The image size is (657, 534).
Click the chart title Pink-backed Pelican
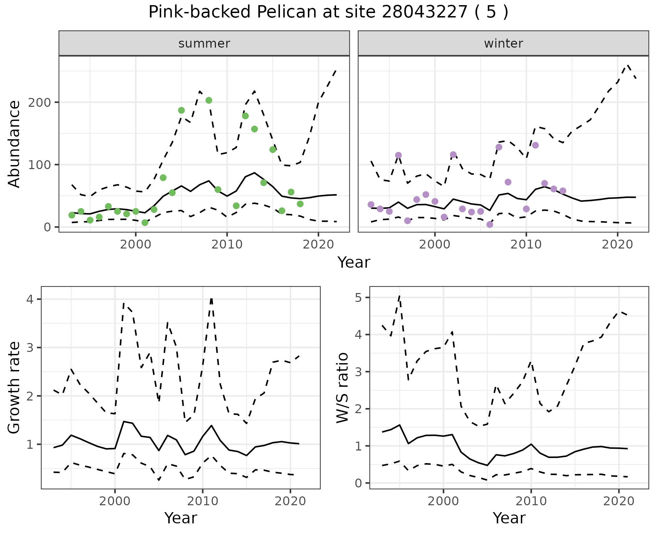click(328, 12)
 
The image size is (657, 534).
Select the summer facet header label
click(204, 43)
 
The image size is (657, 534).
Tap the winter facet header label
click(503, 43)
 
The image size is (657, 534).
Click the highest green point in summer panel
click(209, 100)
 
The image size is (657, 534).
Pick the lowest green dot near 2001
click(145, 222)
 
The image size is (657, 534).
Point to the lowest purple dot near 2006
click(490, 225)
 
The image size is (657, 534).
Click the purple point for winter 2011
click(536, 145)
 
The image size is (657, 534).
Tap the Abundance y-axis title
click(14, 144)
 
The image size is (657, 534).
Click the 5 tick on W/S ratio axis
click(358, 297)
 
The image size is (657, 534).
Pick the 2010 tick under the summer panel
click(227, 244)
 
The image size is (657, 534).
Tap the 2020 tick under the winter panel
click(617, 244)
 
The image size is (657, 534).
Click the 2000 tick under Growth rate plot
click(115, 501)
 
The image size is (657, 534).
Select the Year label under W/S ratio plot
click(509, 518)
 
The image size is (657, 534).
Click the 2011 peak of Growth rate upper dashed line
click(211, 299)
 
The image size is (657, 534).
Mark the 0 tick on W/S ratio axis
click(358, 483)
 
